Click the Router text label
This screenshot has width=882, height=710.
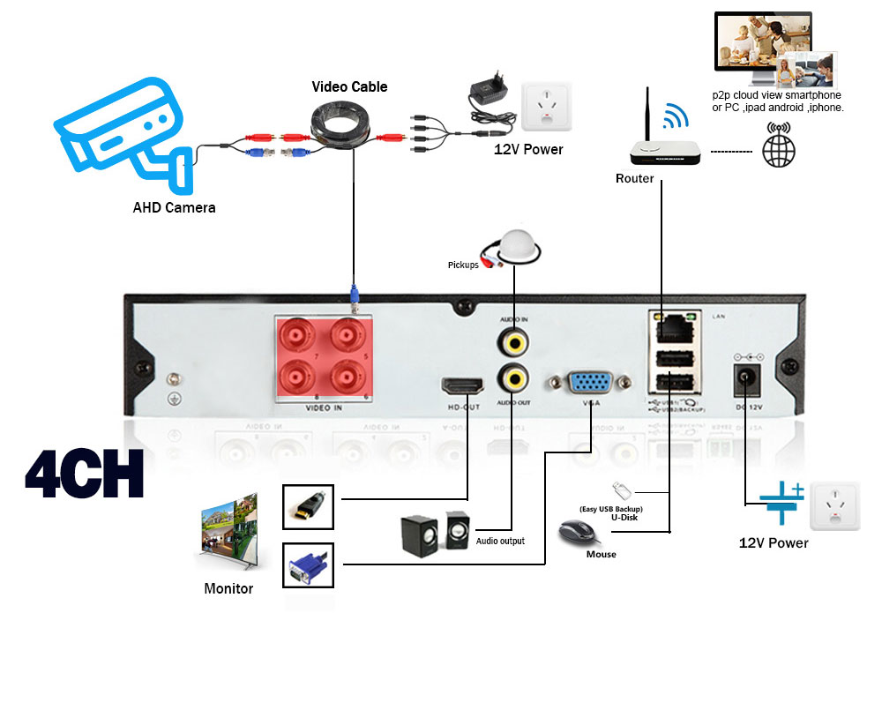pos(634,179)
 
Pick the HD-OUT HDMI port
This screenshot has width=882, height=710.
pos(463,385)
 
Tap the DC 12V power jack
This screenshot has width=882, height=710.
pos(748,379)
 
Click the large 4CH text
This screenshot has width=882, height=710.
pos(85,475)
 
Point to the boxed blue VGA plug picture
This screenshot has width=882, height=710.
pos(308,565)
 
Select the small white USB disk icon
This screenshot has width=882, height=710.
pos(621,490)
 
